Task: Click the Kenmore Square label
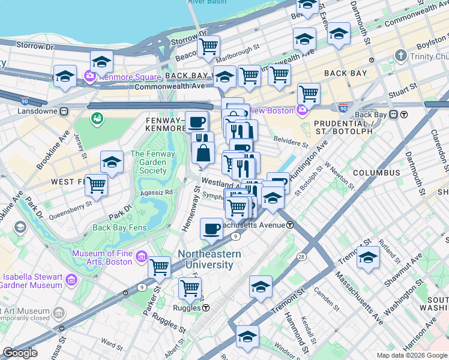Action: pos(131,77)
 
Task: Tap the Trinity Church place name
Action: pos(426,56)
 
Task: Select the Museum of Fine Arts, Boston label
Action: pos(101,257)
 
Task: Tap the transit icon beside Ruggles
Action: pos(206,308)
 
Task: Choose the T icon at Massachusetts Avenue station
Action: pos(290,225)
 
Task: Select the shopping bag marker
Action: pos(203,153)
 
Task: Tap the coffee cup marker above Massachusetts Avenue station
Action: pos(212,228)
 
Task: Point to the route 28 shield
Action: pos(301,257)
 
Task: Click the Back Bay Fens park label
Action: pos(118,227)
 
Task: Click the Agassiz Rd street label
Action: pos(156,193)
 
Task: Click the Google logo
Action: pos(20,353)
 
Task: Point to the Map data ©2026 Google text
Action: pos(411,355)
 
